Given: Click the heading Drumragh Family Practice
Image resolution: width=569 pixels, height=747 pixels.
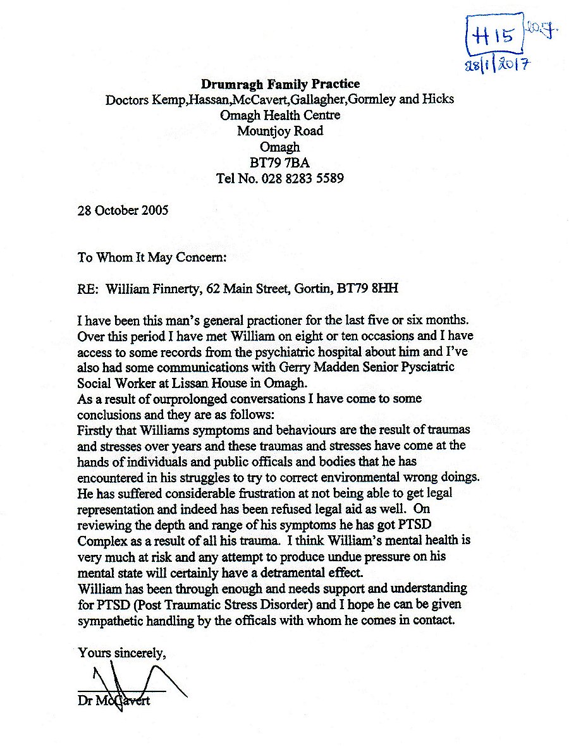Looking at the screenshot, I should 280,83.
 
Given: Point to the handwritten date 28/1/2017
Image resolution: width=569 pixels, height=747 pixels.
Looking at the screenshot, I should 497,64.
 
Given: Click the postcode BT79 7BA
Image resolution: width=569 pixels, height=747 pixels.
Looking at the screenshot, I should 279,162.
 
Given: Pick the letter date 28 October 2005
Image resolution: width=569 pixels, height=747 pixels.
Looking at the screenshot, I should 123,210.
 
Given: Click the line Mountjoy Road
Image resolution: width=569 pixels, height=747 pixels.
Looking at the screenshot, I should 280,131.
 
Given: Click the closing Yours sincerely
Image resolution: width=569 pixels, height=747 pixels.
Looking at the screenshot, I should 121,653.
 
